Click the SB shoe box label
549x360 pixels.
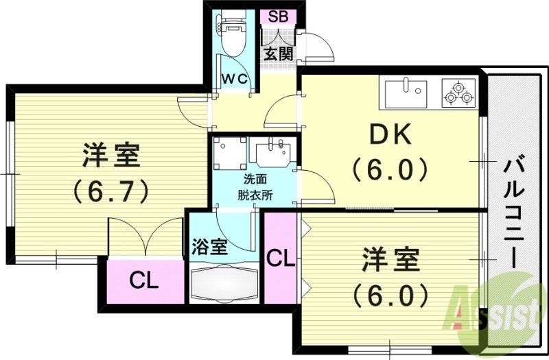[x=278, y=17]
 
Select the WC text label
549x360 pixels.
[x=235, y=79]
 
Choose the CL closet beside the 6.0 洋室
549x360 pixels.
[x=280, y=259]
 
